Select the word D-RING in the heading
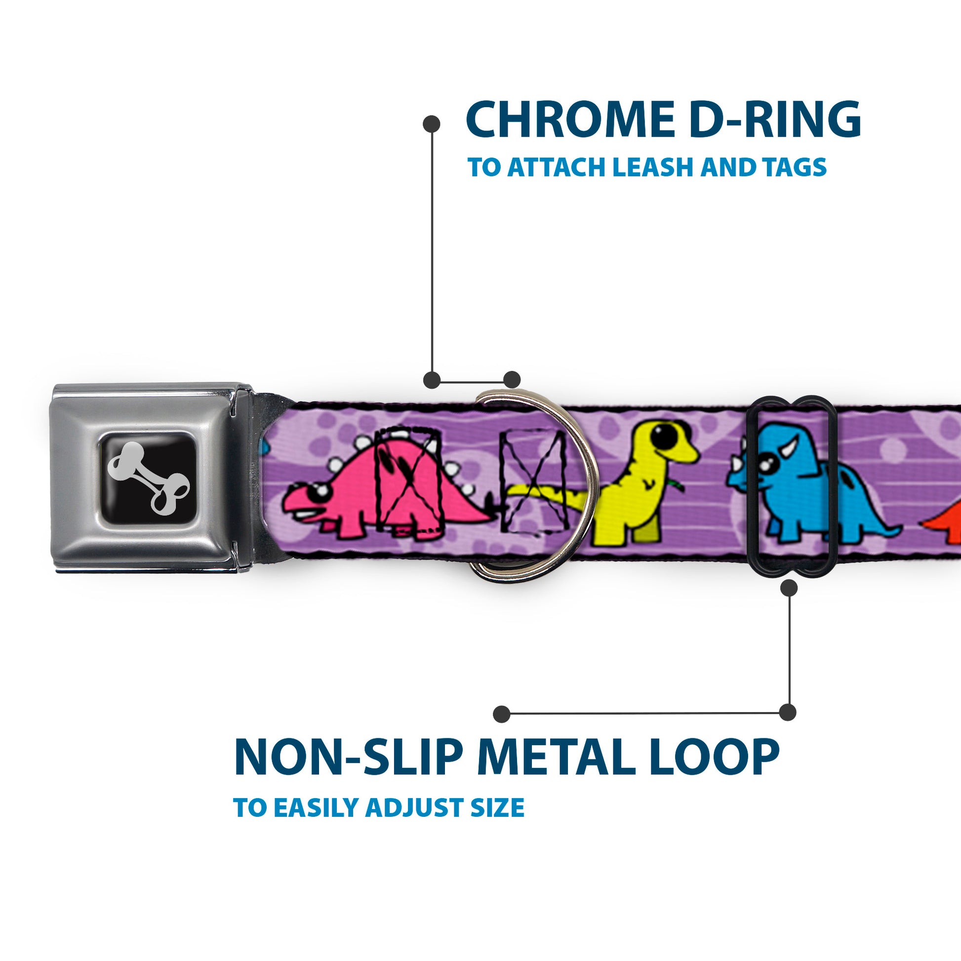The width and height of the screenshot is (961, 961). [x=775, y=120]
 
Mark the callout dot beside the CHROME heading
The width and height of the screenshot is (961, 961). [x=431, y=124]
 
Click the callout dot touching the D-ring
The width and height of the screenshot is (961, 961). [x=512, y=380]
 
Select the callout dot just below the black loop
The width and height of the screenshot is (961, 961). [x=789, y=589]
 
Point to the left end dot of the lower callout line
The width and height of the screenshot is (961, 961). [x=502, y=714]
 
